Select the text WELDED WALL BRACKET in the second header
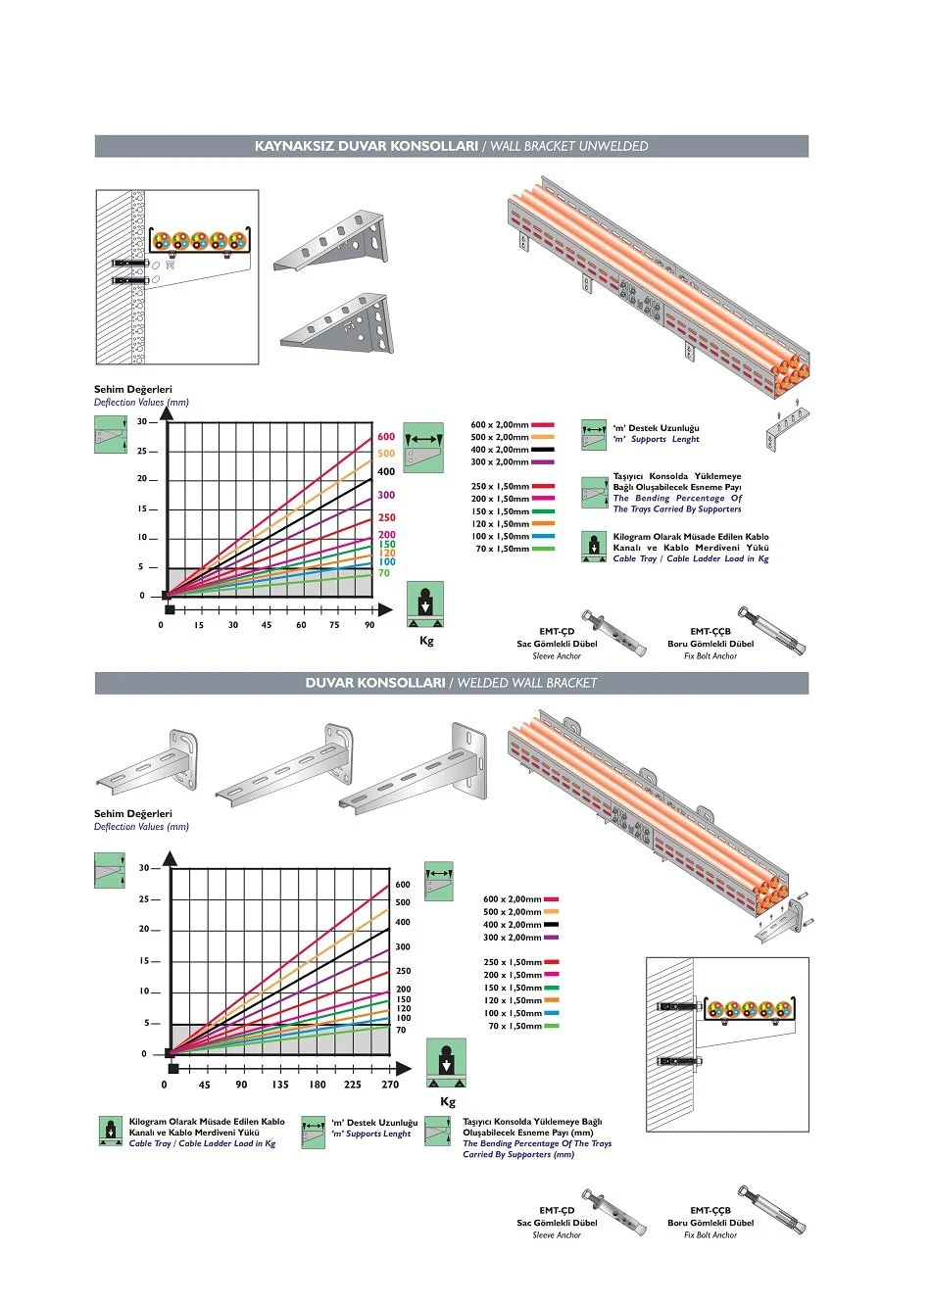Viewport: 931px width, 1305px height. [x=526, y=683]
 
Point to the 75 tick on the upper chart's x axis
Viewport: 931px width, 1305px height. [x=334, y=625]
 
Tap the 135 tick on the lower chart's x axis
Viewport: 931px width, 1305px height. [x=280, y=1085]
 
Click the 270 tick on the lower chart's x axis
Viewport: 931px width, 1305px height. [x=390, y=1085]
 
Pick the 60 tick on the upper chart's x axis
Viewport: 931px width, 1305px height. [x=301, y=625]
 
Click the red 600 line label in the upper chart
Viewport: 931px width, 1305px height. [x=386, y=437]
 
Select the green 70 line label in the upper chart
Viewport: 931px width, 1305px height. [x=384, y=573]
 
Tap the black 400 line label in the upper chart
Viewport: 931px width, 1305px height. [x=386, y=472]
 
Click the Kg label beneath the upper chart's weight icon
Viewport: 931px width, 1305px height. [x=426, y=641]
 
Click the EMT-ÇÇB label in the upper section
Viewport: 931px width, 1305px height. [x=710, y=632]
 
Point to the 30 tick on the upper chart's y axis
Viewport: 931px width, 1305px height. [x=142, y=422]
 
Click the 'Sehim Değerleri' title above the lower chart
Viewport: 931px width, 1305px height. [x=133, y=814]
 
